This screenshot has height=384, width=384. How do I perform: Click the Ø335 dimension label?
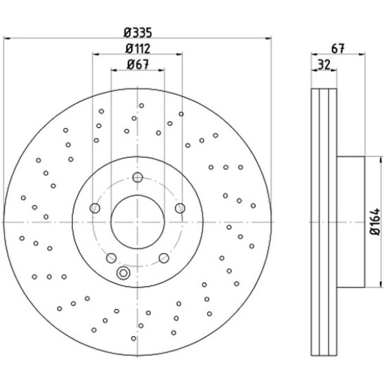click(x=138, y=32)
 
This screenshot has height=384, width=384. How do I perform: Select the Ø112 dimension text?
click(x=138, y=49)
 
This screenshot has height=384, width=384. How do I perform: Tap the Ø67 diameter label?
click(x=138, y=64)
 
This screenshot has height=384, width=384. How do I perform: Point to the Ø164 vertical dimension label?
click(x=375, y=222)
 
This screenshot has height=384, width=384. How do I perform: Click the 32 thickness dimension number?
click(x=324, y=64)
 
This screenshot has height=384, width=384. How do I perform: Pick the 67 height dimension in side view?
click(x=338, y=49)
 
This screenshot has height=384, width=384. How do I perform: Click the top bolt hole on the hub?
click(x=138, y=177)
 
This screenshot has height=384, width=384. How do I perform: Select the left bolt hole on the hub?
click(x=95, y=208)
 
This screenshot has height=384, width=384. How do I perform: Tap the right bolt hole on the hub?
click(x=180, y=208)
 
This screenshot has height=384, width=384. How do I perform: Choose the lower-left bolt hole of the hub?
click(x=111, y=258)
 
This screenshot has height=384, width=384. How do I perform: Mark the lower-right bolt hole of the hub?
click(x=164, y=258)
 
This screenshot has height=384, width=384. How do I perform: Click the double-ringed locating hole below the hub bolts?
click(x=123, y=273)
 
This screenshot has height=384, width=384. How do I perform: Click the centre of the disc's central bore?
click(x=138, y=222)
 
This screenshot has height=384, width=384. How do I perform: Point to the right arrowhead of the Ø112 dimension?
click(x=179, y=54)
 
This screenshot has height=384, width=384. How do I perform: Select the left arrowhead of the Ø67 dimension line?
click(x=114, y=70)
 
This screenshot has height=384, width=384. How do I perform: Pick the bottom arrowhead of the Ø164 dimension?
click(x=381, y=284)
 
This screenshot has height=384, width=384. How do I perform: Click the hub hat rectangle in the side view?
click(x=350, y=222)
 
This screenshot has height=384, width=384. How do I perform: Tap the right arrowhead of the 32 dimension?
click(x=333, y=70)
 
